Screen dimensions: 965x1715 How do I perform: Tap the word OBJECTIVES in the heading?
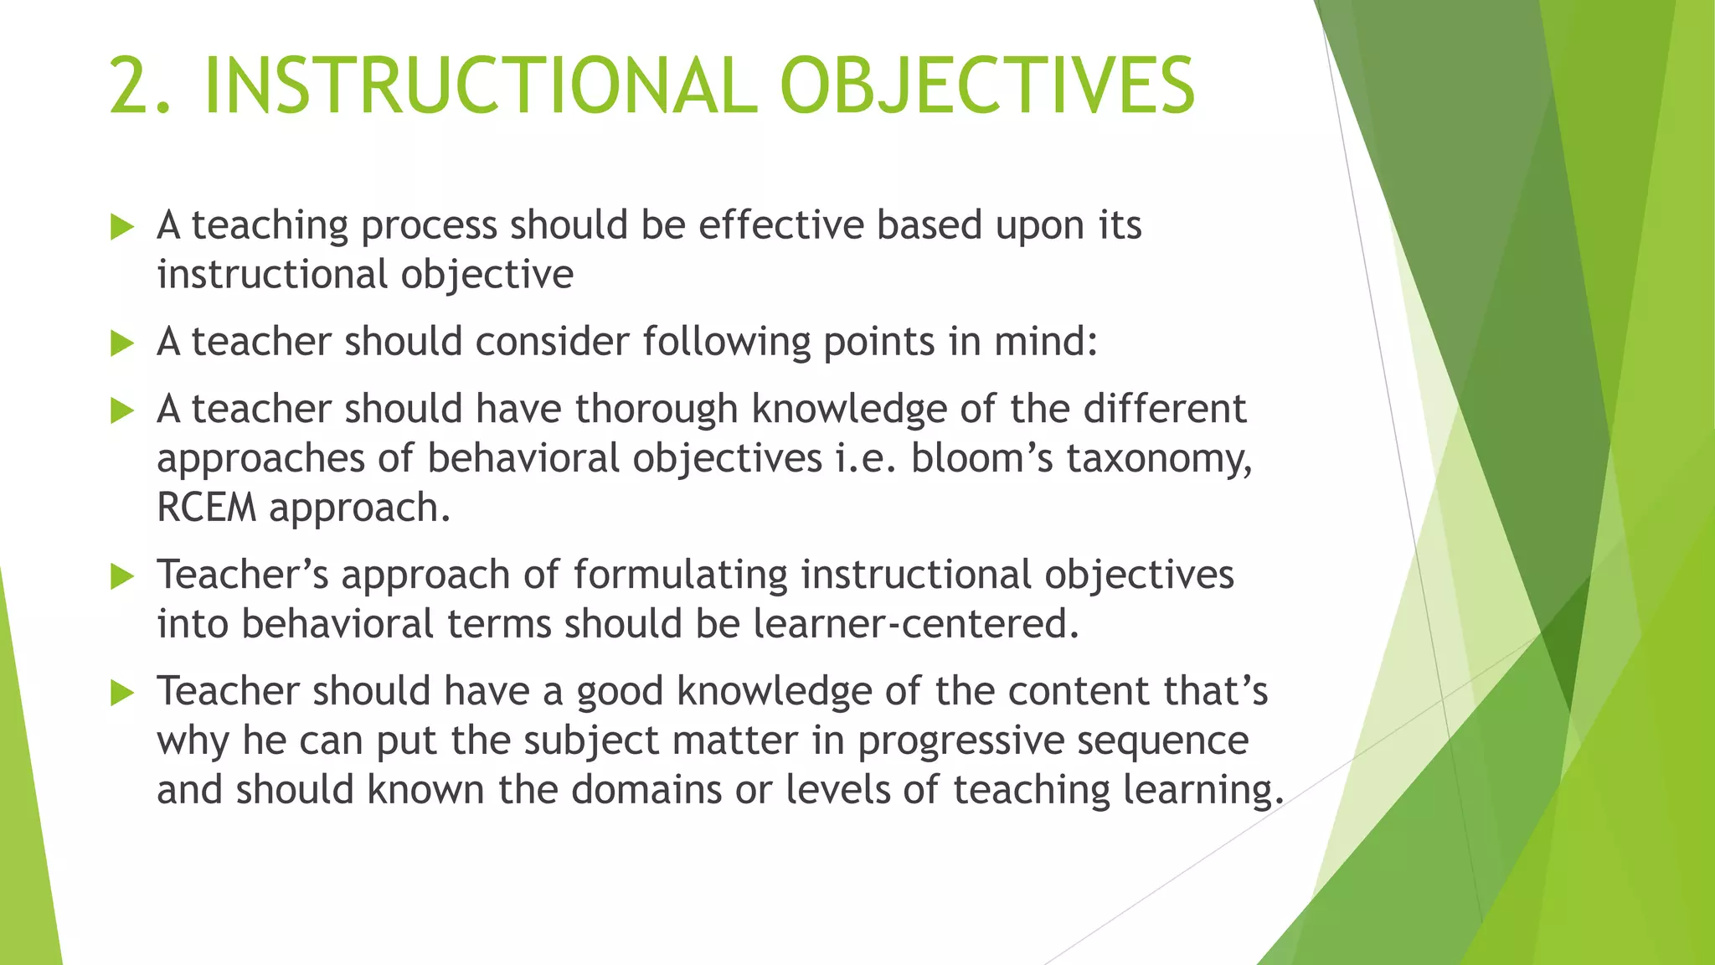986,86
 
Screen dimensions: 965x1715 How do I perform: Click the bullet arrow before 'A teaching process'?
122,227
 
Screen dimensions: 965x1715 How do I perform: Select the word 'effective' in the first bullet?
780,225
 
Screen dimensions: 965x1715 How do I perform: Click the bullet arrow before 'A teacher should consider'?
122,343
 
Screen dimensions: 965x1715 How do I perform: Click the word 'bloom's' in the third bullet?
981,458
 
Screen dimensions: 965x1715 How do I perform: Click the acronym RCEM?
206,508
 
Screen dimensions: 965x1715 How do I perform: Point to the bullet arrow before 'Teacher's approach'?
122,576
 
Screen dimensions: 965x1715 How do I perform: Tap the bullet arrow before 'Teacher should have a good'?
122,693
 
